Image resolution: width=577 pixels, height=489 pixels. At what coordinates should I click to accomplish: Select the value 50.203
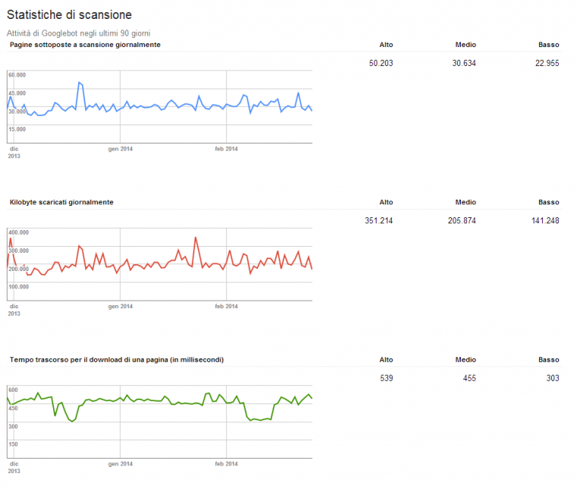tap(380, 63)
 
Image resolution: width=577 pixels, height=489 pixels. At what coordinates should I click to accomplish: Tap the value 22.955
tap(547, 63)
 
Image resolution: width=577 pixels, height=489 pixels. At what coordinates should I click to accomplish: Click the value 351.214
tap(378, 220)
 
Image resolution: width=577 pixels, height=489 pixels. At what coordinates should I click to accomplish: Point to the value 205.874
tap(462, 220)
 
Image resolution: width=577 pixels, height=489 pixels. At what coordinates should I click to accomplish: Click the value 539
tap(386, 377)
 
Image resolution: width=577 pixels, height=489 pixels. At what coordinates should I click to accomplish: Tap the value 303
tap(553, 377)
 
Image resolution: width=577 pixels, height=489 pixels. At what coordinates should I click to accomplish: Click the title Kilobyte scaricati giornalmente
tap(61, 202)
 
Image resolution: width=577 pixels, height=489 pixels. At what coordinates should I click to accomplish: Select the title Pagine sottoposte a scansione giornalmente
tap(84, 45)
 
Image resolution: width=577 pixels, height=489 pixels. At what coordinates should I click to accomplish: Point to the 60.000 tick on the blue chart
tap(17, 74)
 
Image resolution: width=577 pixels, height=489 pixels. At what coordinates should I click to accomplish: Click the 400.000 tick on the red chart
tap(19, 232)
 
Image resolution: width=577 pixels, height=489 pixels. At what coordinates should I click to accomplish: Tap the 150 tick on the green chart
tap(14, 443)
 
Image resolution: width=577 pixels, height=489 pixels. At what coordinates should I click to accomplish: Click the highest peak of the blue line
tap(79, 82)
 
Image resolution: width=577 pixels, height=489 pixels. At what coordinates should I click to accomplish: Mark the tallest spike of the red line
tap(195, 237)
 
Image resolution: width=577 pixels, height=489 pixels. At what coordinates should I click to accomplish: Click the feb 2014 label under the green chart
tap(226, 462)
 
